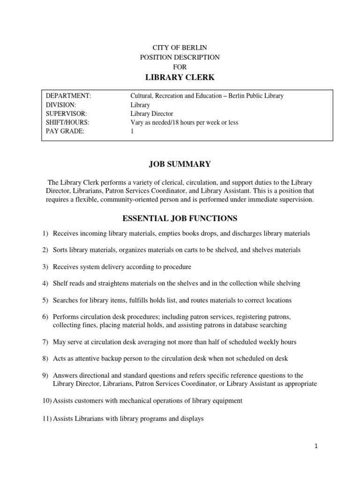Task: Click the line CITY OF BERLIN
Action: [x=180, y=48]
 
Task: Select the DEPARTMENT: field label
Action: [x=68, y=96]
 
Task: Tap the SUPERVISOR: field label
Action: [x=67, y=114]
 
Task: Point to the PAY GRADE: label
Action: [x=65, y=132]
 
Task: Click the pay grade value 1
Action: [x=132, y=132]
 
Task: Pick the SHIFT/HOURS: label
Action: [x=67, y=123]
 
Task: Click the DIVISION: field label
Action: [x=61, y=105]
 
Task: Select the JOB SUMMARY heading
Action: [x=180, y=164]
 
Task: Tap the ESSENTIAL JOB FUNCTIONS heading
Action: [x=180, y=218]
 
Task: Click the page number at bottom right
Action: [x=316, y=447]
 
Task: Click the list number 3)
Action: [x=45, y=267]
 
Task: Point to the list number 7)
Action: [x=45, y=342]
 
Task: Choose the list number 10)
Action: [x=47, y=400]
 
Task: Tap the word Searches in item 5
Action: [x=66, y=300]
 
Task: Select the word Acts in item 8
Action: [x=60, y=359]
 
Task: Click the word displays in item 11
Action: [x=192, y=419]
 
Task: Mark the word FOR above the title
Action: [x=180, y=67]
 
